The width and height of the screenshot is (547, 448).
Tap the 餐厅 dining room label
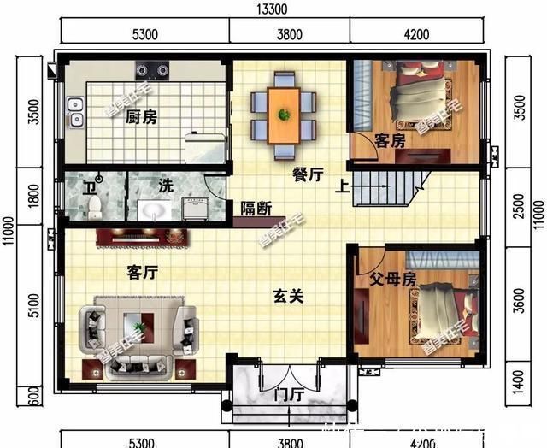[x=308, y=175]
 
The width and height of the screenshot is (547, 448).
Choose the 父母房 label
[x=392, y=279]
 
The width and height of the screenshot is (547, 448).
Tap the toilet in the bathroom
[x=95, y=206]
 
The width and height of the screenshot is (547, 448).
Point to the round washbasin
[x=154, y=210]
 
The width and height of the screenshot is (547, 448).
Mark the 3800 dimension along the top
[x=290, y=35]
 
